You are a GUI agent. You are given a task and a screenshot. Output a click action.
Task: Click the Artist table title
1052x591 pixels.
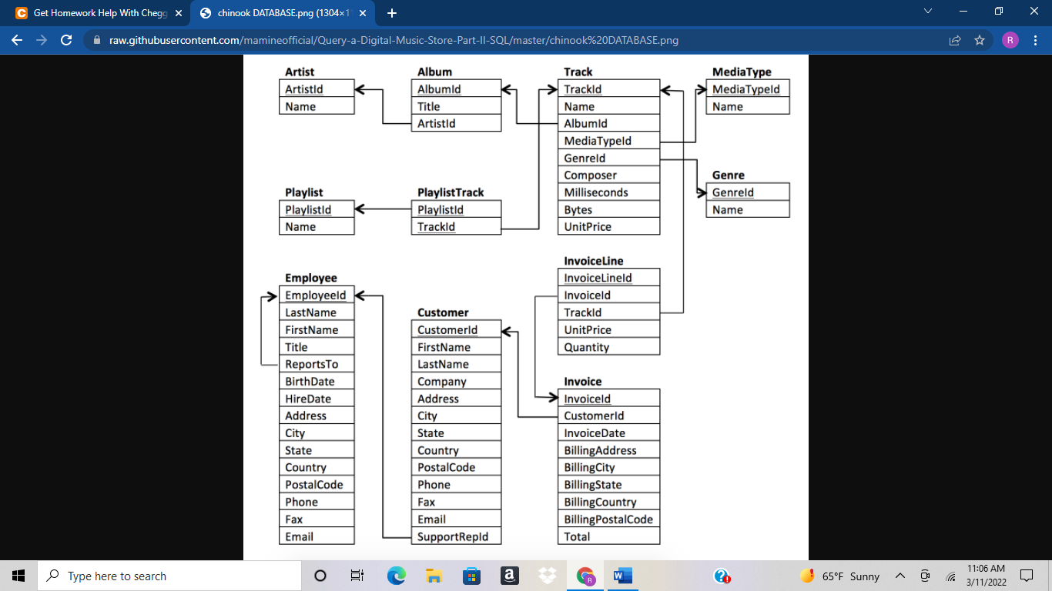point(300,72)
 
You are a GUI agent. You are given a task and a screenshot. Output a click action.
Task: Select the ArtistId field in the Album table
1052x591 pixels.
point(436,123)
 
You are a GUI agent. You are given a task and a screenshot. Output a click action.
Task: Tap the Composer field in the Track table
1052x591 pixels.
point(590,175)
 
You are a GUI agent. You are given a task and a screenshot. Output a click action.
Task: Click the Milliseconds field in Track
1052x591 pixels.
point(595,192)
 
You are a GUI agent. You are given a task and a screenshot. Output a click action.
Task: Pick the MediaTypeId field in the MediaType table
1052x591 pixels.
point(745,89)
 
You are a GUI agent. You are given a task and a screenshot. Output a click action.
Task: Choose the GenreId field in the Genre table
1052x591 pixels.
point(732,192)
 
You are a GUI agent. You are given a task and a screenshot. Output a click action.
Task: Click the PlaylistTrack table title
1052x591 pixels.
point(451,192)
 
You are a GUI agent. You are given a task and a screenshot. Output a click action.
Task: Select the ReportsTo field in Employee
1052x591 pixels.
point(311,364)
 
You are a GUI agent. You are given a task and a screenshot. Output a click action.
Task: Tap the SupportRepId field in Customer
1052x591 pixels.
point(453,536)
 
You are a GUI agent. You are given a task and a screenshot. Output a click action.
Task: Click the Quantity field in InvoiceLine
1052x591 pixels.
point(586,347)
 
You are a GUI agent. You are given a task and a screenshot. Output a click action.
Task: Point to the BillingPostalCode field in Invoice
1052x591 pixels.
point(608,519)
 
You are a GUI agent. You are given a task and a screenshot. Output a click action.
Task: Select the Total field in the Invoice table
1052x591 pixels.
point(577,536)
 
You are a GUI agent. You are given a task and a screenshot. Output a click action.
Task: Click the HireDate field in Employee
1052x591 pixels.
point(307,399)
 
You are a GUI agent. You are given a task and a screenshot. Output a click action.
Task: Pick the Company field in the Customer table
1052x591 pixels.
point(441,382)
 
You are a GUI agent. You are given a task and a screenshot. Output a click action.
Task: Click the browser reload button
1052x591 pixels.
point(66,40)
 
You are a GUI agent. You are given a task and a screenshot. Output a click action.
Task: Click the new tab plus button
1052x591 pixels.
point(392,13)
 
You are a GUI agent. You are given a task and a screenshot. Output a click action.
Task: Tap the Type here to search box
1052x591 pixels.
point(169,576)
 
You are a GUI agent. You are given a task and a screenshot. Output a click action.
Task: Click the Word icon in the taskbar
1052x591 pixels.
point(622,576)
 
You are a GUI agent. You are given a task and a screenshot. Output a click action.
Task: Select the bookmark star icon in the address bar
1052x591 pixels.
point(980,40)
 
